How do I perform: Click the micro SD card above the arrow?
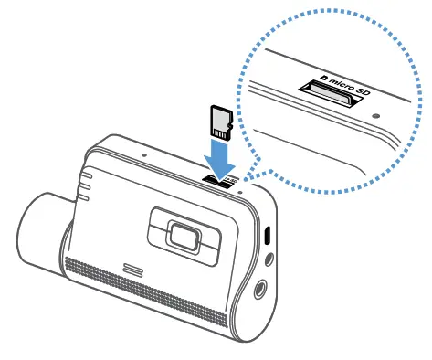[x=219, y=119]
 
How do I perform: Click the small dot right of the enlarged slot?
[x=377, y=116]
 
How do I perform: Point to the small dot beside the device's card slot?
[x=239, y=192]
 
